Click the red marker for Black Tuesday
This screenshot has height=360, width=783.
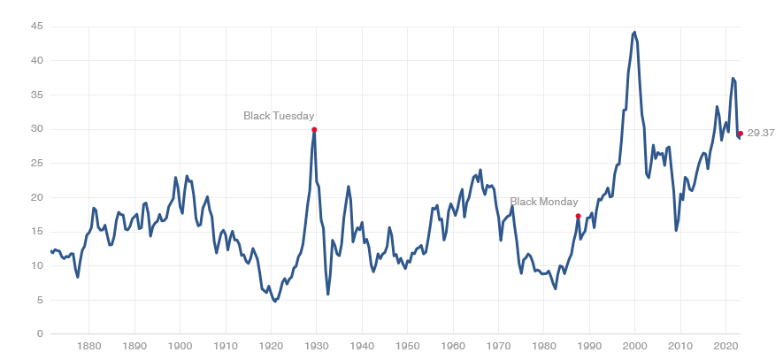[314, 129]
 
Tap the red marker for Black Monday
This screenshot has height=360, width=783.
[578, 216]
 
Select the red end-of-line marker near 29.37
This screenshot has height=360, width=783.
[740, 133]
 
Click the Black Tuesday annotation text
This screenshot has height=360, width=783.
[279, 116]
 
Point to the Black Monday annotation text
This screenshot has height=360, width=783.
[544, 202]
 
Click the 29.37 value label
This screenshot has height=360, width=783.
[761, 133]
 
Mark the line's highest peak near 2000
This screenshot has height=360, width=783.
[635, 32]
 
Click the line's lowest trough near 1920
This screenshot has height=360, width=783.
[275, 302]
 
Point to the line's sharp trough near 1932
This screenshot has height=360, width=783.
[328, 295]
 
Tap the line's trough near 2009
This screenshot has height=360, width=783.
[676, 230]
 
